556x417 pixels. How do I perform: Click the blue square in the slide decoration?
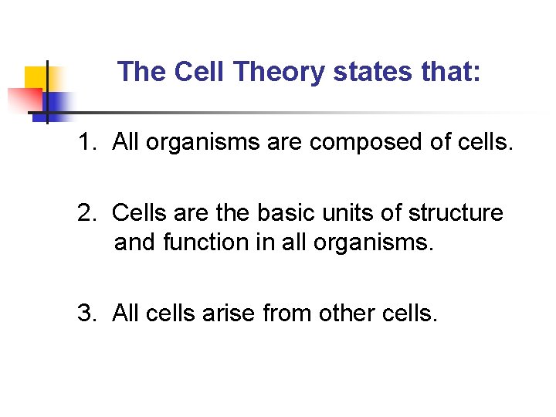56,103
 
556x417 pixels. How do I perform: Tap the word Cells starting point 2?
137,212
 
